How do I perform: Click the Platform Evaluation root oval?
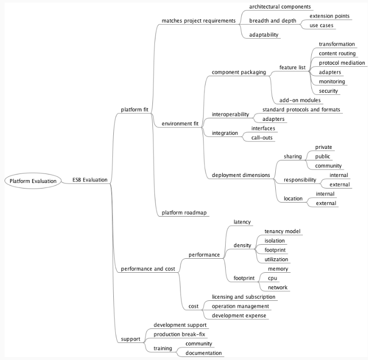32,181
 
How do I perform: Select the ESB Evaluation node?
90,180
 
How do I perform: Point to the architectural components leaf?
280,7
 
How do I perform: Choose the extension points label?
329,16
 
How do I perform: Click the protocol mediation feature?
342,63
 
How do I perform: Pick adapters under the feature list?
330,72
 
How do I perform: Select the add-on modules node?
300,100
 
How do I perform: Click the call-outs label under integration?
263,137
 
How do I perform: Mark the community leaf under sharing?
328,165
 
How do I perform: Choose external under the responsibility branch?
339,184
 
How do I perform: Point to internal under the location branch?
325,194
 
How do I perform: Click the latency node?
242,222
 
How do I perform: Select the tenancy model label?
282,231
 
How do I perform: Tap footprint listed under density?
275,250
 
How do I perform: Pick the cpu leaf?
273,278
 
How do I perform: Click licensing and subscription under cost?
244,297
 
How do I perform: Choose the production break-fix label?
179,334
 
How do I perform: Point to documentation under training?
204,353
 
